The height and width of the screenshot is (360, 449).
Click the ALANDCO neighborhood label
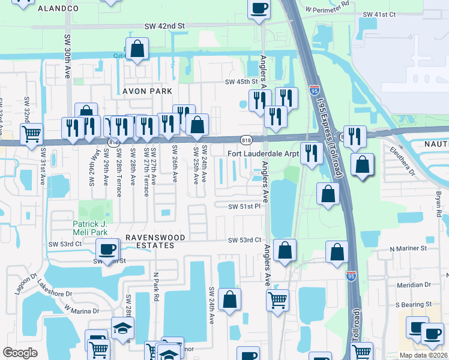click(x=58, y=8)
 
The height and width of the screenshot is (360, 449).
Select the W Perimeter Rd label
click(x=327, y=10)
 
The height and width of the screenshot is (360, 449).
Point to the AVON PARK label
click(x=147, y=91)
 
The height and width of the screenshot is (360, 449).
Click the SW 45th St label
click(x=241, y=82)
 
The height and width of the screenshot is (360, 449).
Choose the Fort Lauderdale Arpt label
click(x=263, y=154)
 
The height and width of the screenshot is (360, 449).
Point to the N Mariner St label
click(x=408, y=248)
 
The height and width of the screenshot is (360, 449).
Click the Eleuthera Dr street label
click(x=403, y=160)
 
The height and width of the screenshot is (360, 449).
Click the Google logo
click(x=20, y=352)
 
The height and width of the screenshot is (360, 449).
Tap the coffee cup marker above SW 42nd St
click(x=259, y=9)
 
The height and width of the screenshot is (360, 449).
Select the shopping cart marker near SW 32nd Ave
click(x=31, y=133)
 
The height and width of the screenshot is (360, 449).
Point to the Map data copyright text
click(x=423, y=355)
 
